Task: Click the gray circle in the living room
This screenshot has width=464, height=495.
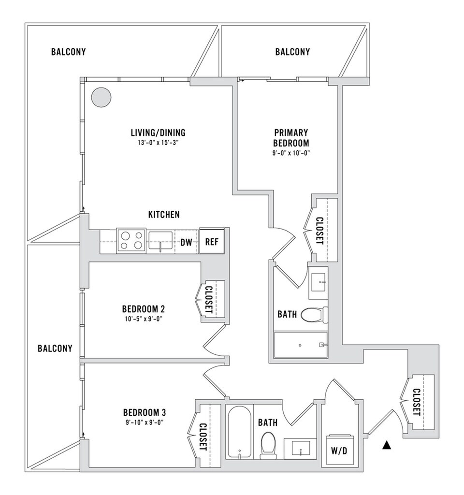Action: (x=102, y=97)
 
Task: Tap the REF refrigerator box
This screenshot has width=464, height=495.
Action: (x=212, y=241)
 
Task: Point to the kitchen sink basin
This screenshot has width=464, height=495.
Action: (x=160, y=239)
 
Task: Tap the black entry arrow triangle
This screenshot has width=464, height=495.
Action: (x=386, y=445)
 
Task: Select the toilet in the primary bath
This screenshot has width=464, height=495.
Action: (x=314, y=315)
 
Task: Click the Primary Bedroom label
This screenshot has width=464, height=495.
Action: (x=291, y=138)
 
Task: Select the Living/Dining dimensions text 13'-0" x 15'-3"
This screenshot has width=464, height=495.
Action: (x=158, y=143)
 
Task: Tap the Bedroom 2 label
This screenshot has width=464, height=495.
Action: (x=144, y=308)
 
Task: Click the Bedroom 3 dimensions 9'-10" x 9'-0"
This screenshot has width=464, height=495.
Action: (x=145, y=422)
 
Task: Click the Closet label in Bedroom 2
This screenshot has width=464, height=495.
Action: (x=209, y=300)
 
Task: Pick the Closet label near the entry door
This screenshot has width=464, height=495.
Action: (x=416, y=402)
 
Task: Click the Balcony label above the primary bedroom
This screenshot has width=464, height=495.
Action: (x=292, y=52)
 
